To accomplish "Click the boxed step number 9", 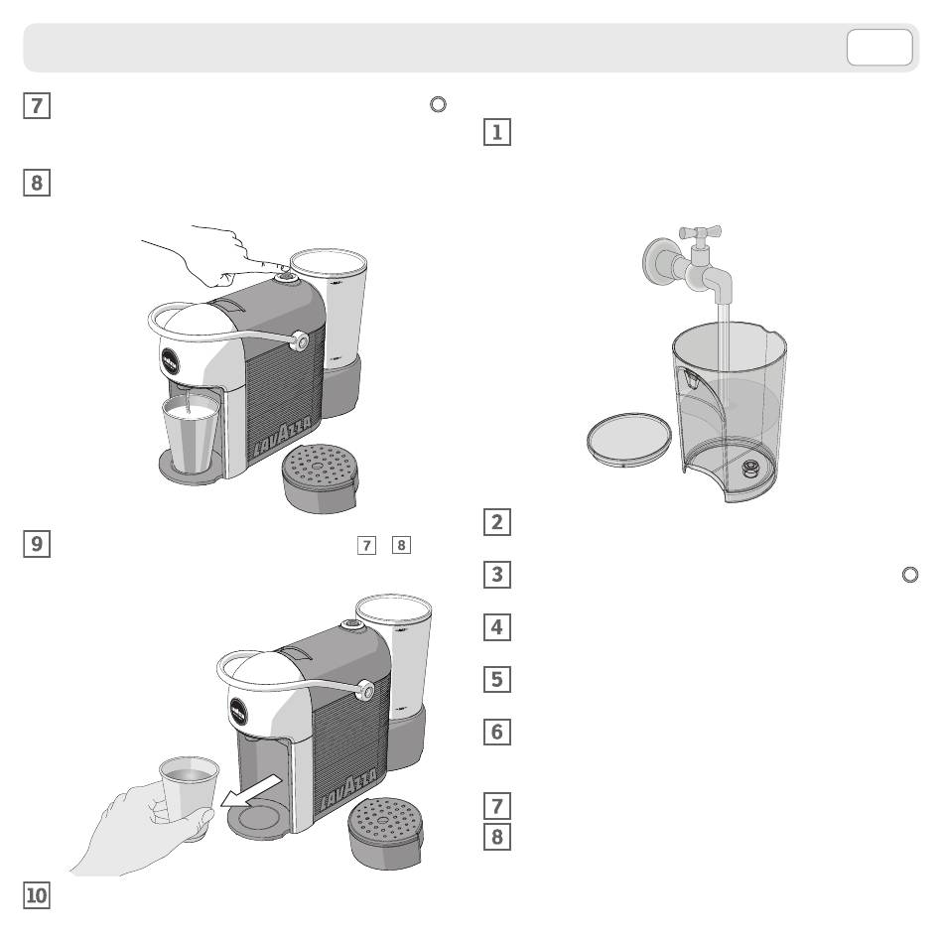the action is coord(37,544).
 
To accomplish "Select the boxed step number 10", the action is coord(37,895).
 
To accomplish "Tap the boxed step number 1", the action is coord(497,132).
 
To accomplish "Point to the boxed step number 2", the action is coord(497,522).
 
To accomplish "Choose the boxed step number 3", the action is coord(497,575).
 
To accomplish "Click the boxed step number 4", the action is coord(497,626).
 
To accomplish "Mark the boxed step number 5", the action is coord(497,679).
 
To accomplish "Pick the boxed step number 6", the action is coord(497,732).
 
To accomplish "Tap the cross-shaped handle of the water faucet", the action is coord(700,232).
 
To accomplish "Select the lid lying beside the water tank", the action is coord(629,439).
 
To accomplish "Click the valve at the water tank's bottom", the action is coord(750,467).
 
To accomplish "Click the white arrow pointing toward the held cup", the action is coord(250,791).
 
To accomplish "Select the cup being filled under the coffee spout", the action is coord(192,433).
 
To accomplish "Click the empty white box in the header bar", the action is coord(879,47).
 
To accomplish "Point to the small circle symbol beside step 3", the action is coord(910,575).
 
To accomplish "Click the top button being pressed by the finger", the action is coord(286,278).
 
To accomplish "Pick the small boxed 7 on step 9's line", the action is coord(366,546).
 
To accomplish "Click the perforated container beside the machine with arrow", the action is coord(385,833).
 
